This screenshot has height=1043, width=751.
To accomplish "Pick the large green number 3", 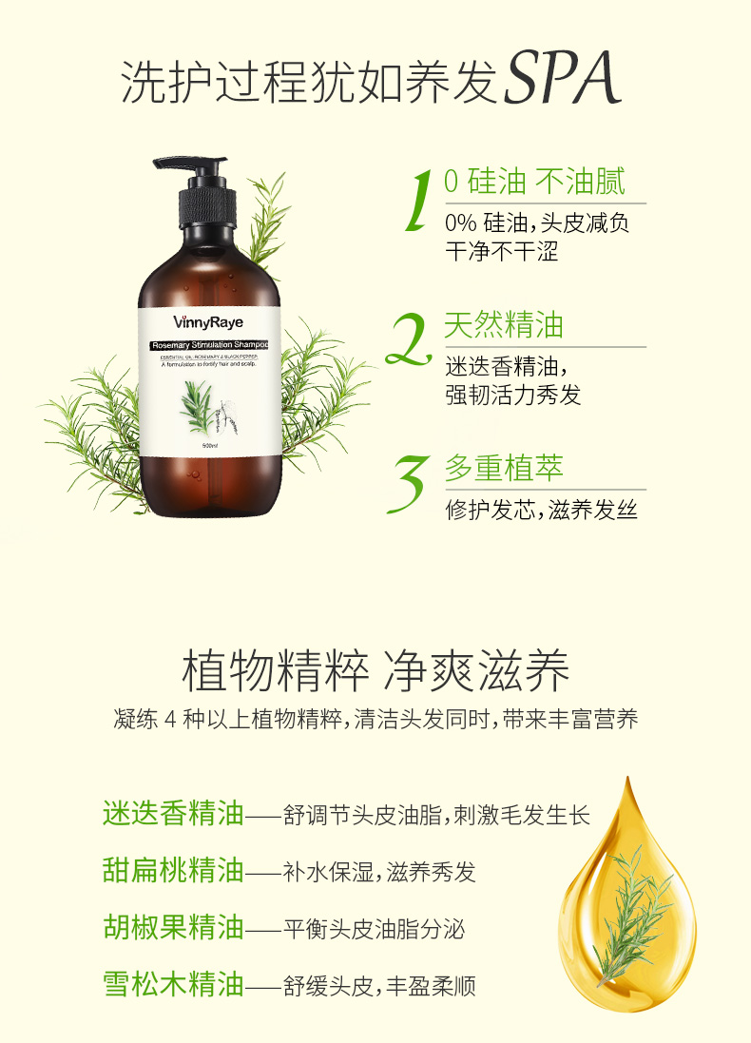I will [410, 482].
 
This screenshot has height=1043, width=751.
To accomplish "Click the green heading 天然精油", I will [504, 326].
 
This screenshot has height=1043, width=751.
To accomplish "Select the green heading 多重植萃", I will [504, 469].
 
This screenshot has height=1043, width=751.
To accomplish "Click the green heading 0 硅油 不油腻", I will [534, 183].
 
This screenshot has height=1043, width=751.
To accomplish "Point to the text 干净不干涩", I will [501, 251].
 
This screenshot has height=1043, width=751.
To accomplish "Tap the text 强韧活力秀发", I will [512, 394].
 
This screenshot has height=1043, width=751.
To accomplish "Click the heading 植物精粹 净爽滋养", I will [375, 672].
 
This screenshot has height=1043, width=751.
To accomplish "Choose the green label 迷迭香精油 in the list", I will [173, 815].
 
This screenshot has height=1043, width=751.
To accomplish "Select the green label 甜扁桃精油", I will [173, 871].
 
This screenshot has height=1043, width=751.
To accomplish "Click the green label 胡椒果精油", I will [173, 927].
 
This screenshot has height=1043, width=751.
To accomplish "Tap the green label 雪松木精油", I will [173, 984].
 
